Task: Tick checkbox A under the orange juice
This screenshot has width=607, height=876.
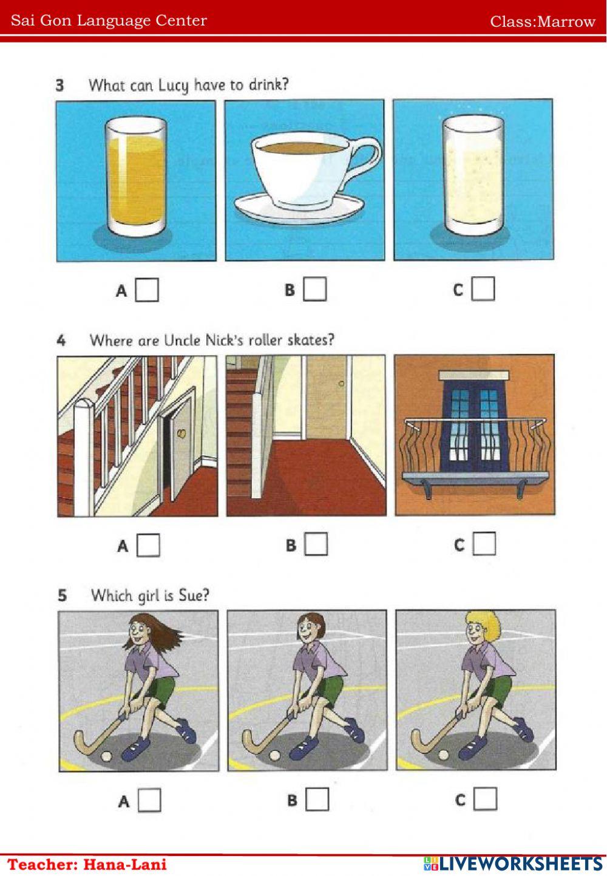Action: (147, 290)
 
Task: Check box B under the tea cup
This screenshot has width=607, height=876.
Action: (315, 289)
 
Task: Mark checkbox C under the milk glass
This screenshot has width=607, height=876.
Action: (483, 288)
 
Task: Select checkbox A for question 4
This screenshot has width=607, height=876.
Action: (148, 545)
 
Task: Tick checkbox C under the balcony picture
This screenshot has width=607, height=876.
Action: (484, 543)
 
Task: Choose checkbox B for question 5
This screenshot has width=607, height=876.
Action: (317, 800)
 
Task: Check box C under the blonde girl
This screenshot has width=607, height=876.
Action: (486, 798)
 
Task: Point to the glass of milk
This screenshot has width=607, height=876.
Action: (473, 175)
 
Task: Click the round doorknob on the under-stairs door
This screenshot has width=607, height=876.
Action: (182, 433)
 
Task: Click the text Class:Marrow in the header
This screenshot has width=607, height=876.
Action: (543, 21)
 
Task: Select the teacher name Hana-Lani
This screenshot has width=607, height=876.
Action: (126, 864)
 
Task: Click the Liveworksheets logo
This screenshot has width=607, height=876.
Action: (513, 864)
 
